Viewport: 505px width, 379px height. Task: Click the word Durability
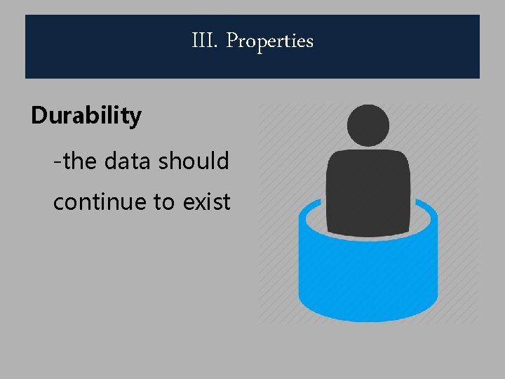click(86, 115)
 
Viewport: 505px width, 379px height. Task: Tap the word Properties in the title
click(270, 41)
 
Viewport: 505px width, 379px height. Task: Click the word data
click(128, 161)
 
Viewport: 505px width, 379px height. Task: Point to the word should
click(194, 161)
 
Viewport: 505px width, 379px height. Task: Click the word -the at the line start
click(76, 161)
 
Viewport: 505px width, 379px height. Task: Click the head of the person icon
click(369, 125)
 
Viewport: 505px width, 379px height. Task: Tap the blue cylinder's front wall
click(368, 281)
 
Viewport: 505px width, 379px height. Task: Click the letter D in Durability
click(39, 115)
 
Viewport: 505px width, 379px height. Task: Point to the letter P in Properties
click(232, 41)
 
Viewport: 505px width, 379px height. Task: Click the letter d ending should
click(224, 161)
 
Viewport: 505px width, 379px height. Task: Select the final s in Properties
click(309, 43)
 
